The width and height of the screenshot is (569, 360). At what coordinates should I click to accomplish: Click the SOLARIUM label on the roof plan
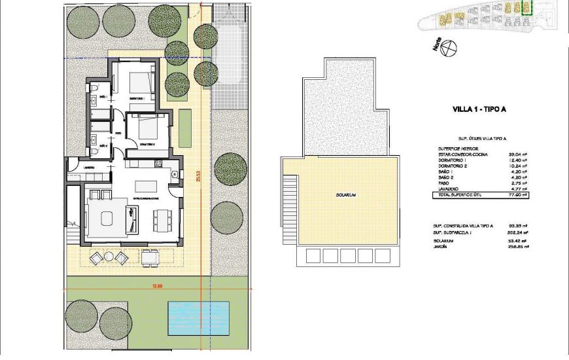coord(345,196)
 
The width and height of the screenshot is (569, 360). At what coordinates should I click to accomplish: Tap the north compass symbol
coord(449,48)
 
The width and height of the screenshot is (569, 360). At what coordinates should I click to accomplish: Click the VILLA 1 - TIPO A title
coord(479,110)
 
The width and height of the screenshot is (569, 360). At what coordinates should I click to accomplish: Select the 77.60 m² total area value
coord(518,195)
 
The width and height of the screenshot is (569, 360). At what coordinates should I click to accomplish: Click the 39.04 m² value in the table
coord(518,155)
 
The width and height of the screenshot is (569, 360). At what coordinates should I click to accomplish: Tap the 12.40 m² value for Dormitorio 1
coord(518,161)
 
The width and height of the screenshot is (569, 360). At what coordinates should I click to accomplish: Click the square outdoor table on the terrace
coord(150,258)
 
